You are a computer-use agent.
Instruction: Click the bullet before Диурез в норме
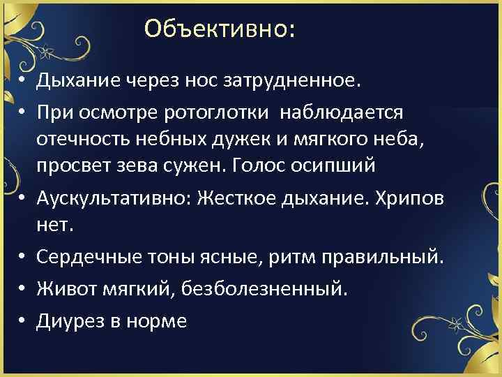click(23, 320)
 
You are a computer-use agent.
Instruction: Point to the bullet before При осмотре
click(23, 112)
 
